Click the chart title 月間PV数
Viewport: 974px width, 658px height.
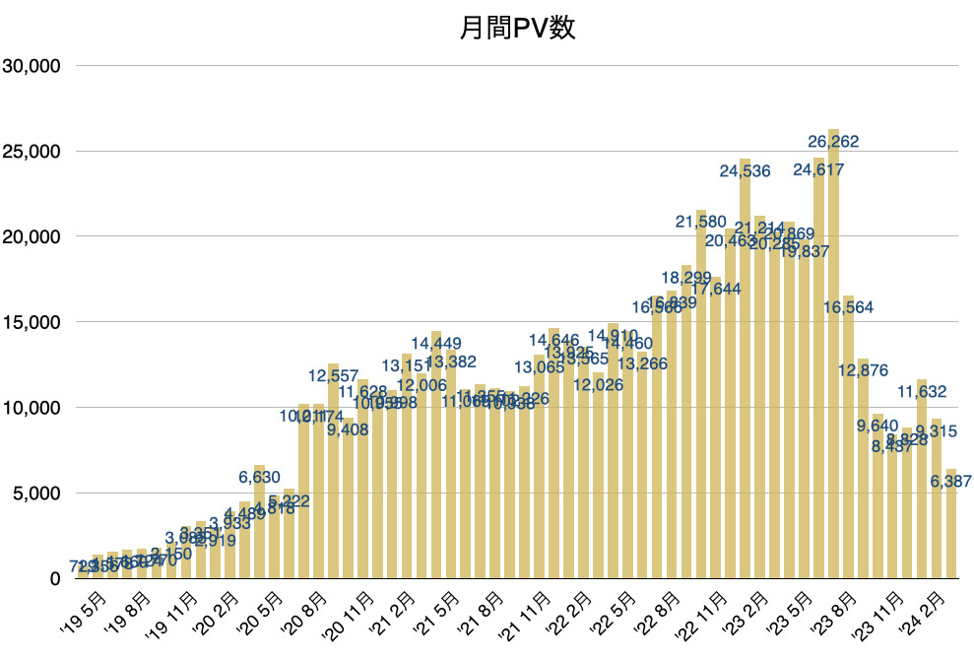click(517, 29)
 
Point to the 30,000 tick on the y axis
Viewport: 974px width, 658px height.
click(33, 66)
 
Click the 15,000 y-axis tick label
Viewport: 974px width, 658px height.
click(33, 322)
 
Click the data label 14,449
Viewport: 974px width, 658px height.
click(436, 344)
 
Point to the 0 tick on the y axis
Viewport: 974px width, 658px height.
click(56, 578)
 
